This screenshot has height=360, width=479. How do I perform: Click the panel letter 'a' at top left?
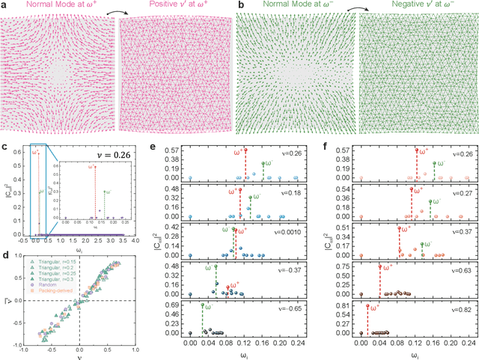coord(4,5)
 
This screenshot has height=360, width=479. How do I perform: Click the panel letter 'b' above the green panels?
coord(241,5)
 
